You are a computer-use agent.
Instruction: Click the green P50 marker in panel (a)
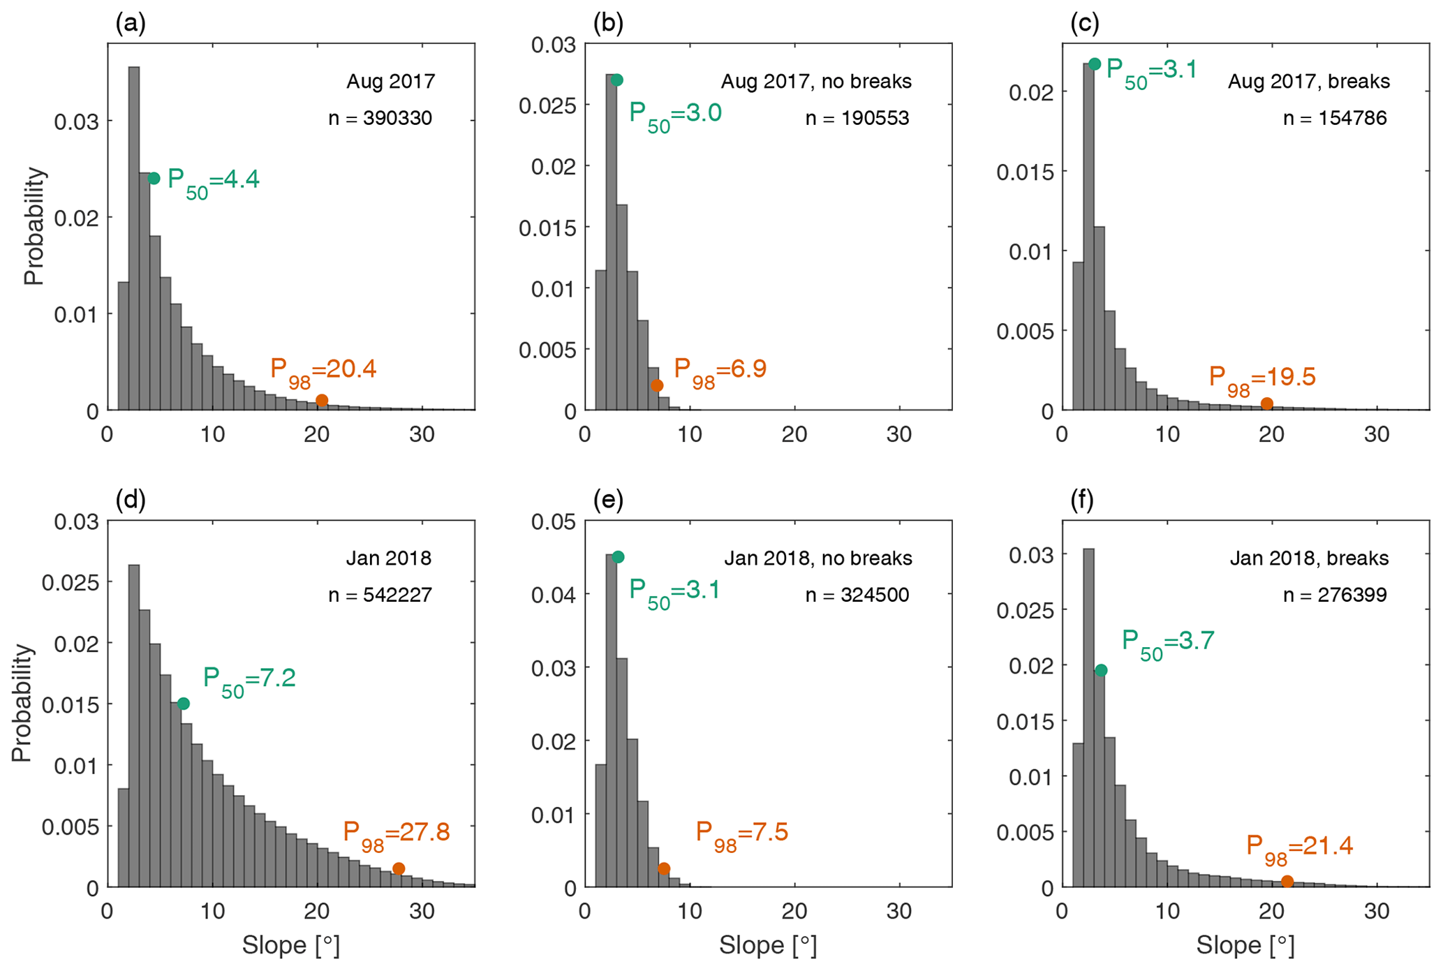click(154, 179)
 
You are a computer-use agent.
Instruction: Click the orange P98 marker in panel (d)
click(399, 868)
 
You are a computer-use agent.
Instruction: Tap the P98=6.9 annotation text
click(720, 371)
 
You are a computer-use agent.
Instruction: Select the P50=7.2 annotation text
click(249, 679)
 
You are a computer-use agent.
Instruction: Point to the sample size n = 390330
click(380, 118)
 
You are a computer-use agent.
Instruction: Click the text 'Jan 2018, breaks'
click(1309, 558)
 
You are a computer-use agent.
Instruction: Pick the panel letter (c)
click(1085, 24)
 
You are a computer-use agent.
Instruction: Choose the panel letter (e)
click(608, 501)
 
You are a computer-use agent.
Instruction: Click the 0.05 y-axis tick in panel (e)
click(553, 522)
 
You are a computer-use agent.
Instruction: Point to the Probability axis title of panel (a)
click(34, 226)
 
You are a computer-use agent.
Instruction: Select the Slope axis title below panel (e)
click(768, 945)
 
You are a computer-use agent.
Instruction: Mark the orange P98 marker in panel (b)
click(657, 385)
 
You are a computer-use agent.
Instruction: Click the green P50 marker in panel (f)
click(1101, 670)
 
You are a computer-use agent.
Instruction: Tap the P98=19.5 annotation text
click(1262, 378)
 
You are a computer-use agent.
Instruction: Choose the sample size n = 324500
click(857, 595)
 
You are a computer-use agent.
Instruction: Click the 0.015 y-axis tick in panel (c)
click(1025, 172)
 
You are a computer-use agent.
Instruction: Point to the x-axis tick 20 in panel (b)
click(794, 435)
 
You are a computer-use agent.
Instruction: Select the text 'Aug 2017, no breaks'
click(816, 82)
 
